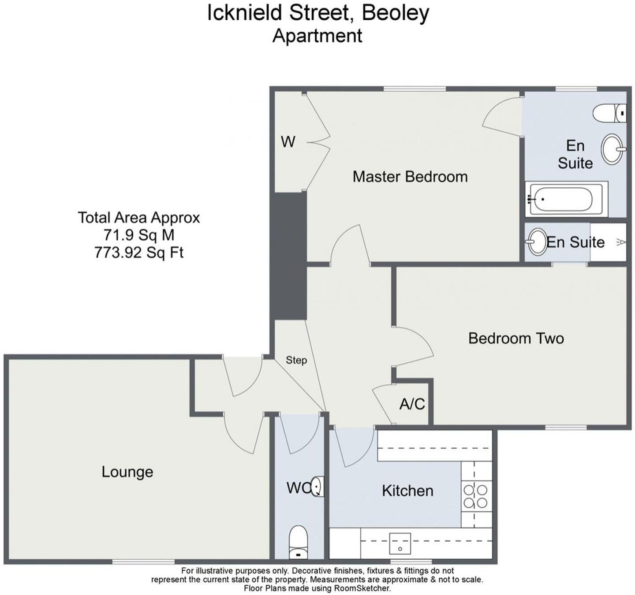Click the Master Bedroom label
coord(410,177)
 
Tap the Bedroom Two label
coord(515,338)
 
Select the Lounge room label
coord(127,472)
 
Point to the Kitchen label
coord(407,491)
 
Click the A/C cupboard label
coord(412,404)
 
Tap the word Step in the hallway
coord(296,360)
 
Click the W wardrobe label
coord(288,142)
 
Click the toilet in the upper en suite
coord(609,113)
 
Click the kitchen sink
coord(400,543)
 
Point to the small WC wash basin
coord(317,487)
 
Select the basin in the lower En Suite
coord(537,241)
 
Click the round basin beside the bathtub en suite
coord(613,149)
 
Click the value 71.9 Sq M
coord(139,235)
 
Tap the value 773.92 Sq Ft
coord(139,253)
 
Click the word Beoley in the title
coord(395,13)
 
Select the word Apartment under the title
coord(317,36)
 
